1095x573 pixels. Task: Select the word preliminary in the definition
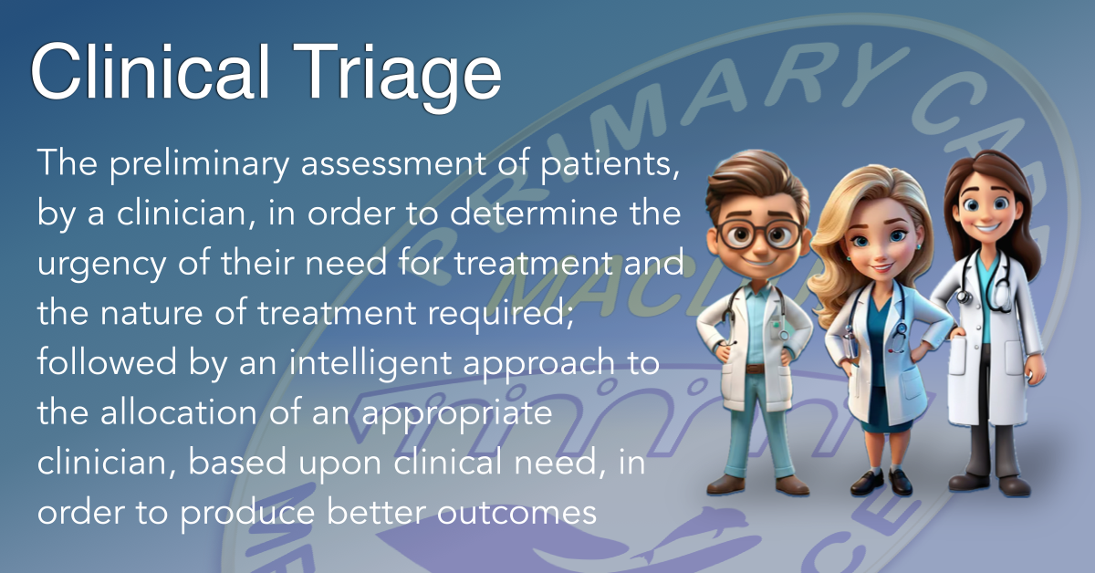(202, 167)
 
